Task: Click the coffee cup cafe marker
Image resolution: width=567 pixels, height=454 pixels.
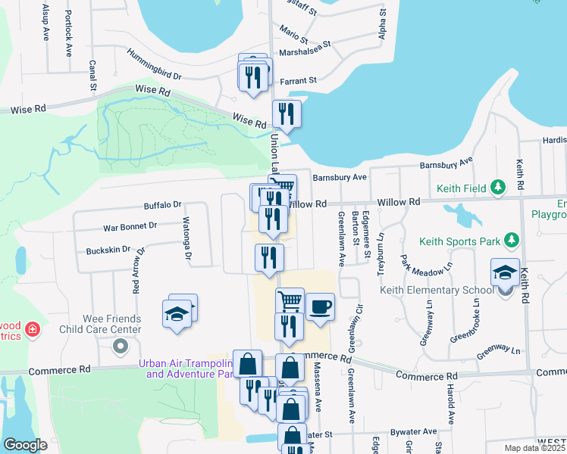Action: (320, 306)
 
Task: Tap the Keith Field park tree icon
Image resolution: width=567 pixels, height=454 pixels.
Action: (497, 187)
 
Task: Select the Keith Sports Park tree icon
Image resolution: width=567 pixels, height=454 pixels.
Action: (512, 241)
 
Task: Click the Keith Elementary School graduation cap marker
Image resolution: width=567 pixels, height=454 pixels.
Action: (505, 272)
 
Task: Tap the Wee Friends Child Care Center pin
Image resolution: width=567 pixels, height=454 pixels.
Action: (119, 347)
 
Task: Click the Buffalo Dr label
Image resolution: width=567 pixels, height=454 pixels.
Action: (163, 205)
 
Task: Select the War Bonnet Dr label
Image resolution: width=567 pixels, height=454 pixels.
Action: (130, 225)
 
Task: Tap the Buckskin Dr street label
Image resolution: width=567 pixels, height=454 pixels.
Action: (108, 250)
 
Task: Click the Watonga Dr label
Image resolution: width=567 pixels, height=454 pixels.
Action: (186, 239)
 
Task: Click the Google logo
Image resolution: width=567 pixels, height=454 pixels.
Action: (25, 445)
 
